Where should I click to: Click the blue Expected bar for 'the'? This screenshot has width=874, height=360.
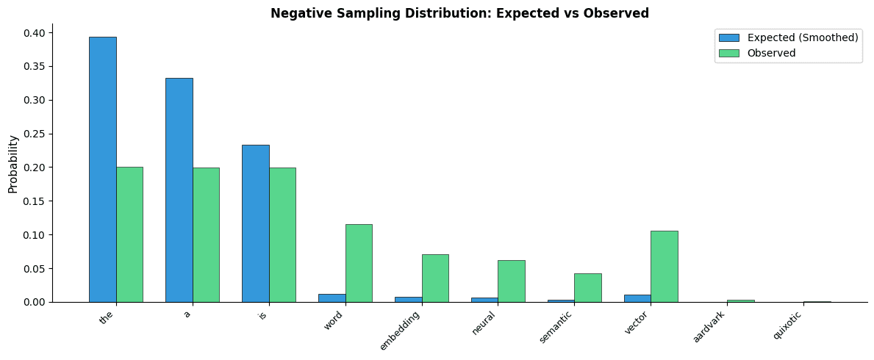click(x=102, y=169)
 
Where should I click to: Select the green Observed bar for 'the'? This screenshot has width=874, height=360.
click(x=129, y=234)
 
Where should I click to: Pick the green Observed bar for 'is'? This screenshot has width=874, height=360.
click(x=282, y=234)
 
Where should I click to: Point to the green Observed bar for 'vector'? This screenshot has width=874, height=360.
click(x=664, y=266)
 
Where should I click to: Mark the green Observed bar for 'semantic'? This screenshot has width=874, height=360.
click(x=587, y=287)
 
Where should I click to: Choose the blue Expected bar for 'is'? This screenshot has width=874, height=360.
click(x=255, y=223)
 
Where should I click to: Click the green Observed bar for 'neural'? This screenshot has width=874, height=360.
click(x=511, y=281)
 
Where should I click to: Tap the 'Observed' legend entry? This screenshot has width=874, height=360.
click(x=771, y=53)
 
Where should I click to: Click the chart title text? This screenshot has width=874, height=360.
click(x=459, y=13)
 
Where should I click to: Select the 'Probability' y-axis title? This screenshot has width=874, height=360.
click(x=13, y=164)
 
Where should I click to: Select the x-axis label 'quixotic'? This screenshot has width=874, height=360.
click(x=787, y=325)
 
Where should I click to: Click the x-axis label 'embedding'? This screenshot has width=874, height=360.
click(x=401, y=330)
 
